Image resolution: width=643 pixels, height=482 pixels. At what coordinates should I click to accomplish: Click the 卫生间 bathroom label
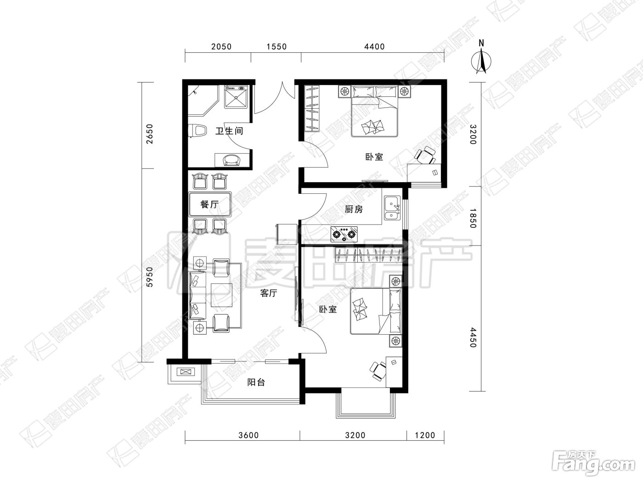pyautogui.click(x=229, y=131)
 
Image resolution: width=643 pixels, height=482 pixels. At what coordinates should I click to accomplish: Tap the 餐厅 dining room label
pyautogui.click(x=209, y=204)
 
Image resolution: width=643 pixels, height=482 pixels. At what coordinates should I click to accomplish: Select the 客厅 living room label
pyautogui.click(x=268, y=293)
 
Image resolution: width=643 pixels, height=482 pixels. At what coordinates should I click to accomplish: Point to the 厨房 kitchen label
pyautogui.click(x=354, y=209)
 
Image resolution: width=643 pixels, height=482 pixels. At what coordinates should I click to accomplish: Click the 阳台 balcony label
pyautogui.click(x=256, y=382)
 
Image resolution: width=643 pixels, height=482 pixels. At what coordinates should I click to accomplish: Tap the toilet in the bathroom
pyautogui.click(x=197, y=131)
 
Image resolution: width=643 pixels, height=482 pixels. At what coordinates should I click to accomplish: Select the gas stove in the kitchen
pyautogui.click(x=344, y=234)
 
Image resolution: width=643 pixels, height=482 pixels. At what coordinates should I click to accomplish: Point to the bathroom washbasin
pyautogui.click(x=232, y=160)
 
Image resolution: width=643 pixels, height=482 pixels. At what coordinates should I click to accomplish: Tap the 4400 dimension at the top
pyautogui.click(x=374, y=46)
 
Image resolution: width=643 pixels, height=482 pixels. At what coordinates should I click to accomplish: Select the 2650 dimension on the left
pyautogui.click(x=150, y=134)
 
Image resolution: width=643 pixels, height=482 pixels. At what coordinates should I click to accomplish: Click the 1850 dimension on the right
pyautogui.click(x=473, y=219)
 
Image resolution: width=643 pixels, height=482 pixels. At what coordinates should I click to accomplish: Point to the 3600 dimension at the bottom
pyautogui.click(x=248, y=435)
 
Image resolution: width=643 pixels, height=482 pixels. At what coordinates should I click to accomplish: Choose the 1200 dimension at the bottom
pyautogui.click(x=425, y=435)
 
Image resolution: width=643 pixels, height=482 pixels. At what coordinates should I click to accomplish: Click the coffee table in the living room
pyautogui.click(x=222, y=295)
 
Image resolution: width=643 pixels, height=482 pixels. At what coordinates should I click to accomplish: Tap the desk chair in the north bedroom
pyautogui.click(x=425, y=156)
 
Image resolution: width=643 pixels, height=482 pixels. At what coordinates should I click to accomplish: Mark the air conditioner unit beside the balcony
pyautogui.click(x=186, y=372)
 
